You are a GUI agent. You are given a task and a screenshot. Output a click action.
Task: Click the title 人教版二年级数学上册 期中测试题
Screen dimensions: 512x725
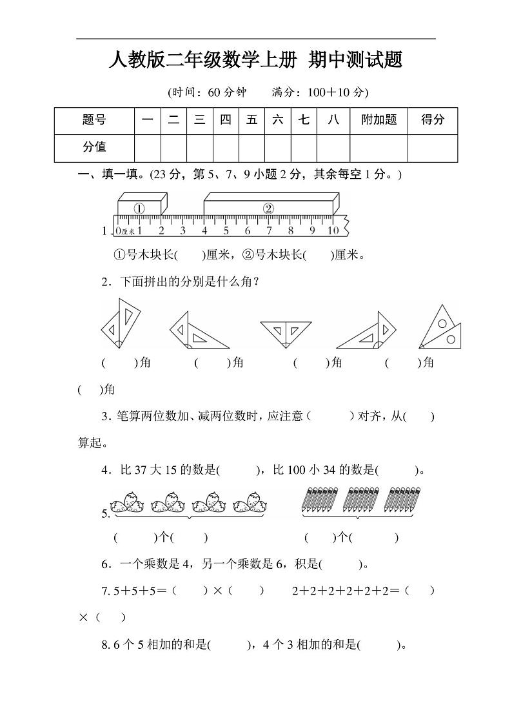[x=256, y=61]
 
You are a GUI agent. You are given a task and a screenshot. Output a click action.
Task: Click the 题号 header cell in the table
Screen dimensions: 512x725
[x=94, y=120]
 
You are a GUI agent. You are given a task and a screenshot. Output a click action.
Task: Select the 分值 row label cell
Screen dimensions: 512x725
[x=94, y=147]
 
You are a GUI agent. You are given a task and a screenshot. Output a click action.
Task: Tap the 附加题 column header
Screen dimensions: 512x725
[x=379, y=120]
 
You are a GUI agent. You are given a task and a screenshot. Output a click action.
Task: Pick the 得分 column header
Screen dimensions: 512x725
[x=433, y=120]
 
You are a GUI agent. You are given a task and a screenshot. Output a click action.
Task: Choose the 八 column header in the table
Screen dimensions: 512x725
[x=333, y=120]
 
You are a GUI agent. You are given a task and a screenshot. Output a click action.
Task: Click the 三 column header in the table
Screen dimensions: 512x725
[x=199, y=120]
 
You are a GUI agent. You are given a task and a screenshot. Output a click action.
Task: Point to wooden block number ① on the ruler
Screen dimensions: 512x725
[x=140, y=207]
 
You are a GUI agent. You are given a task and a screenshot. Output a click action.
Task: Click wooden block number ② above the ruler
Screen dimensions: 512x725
[x=270, y=207]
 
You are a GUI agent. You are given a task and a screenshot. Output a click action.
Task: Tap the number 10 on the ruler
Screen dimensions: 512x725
[x=332, y=230]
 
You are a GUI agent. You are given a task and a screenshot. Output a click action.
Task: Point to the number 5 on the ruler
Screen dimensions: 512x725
[x=226, y=230]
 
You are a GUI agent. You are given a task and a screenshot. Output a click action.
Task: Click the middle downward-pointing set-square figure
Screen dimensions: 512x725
[x=286, y=331]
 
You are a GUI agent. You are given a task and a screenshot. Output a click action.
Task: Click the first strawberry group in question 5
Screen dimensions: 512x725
[x=128, y=502]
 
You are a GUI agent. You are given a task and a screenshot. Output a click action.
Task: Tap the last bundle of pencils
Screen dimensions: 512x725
[x=404, y=502]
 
